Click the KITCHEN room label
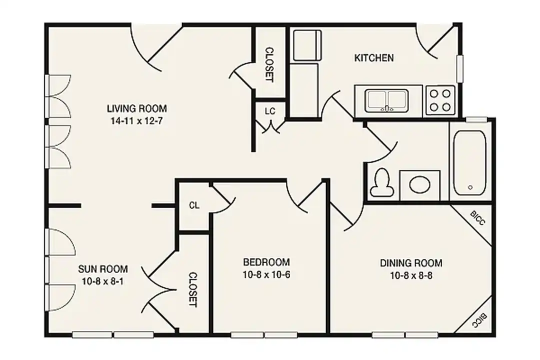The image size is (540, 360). (x=374, y=57)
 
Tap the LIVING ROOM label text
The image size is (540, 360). (x=136, y=108)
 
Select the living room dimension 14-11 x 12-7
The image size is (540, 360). (x=136, y=121)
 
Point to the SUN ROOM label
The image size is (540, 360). (x=102, y=268)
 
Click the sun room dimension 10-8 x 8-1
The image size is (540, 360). (x=102, y=281)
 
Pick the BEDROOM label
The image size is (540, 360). (x=266, y=262)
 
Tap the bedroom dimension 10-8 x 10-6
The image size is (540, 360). (x=266, y=275)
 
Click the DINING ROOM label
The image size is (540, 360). (x=411, y=263)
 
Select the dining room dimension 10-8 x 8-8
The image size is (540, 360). (x=411, y=275)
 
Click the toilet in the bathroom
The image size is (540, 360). (x=381, y=182)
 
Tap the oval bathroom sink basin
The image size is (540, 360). (x=420, y=184)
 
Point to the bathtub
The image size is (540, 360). (x=469, y=163)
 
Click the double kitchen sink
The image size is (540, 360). (x=386, y=100)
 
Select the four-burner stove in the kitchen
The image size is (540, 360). (x=440, y=100)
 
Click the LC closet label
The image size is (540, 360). (x=270, y=111)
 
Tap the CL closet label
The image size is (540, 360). (x=194, y=205)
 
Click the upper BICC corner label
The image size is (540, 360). (x=477, y=218)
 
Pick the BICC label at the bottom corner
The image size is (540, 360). (x=479, y=320)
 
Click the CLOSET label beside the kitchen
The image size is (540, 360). (x=269, y=65)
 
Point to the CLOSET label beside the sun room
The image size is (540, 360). (x=193, y=289)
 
